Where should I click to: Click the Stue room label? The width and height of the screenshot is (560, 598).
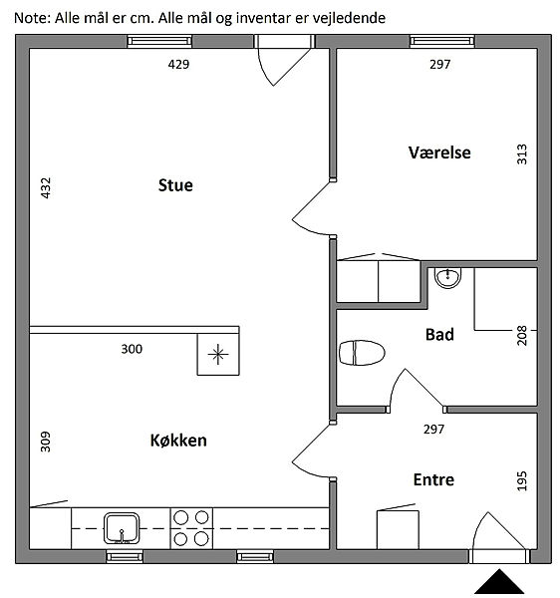175,185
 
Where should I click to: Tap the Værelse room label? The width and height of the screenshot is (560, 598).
439,152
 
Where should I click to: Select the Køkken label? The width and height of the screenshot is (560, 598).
178,441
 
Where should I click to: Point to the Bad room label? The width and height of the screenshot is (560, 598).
439,335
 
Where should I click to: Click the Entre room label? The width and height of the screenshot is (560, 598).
433,479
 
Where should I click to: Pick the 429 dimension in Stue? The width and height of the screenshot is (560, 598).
178,64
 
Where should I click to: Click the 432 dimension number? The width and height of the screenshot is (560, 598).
46,188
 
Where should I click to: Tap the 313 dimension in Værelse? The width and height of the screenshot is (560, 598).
522,154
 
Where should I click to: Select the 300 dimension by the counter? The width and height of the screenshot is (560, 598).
132,349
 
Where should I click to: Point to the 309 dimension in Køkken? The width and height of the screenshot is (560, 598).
46,442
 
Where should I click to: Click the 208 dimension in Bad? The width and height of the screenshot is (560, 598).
522,336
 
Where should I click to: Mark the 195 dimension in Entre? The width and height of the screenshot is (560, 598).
522,481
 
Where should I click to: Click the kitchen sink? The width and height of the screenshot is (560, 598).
122,528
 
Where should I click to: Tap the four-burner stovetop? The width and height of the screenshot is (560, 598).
191,528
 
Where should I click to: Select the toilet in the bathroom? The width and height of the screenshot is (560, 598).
362,353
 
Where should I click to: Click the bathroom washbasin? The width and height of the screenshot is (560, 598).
448,277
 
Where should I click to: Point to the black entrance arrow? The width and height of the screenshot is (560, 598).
499,582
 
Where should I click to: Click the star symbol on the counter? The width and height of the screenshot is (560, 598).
218,354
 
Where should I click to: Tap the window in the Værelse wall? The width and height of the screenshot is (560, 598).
442,41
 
